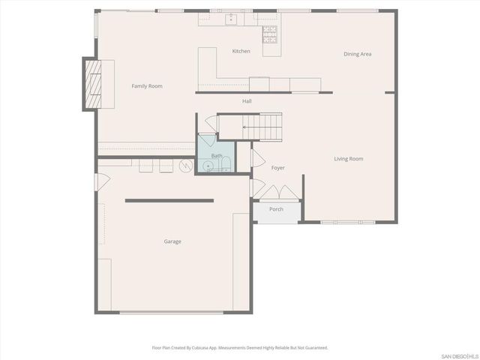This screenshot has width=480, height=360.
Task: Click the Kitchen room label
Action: click(241, 51)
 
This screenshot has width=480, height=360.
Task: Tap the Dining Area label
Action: click(358, 54)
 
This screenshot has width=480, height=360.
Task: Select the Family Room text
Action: click(147, 86)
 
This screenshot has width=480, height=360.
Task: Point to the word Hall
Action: click(247, 100)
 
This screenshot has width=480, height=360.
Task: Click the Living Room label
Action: click(349, 158)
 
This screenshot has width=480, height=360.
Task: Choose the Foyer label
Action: click(277, 167)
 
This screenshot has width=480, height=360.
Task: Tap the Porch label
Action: click(276, 209)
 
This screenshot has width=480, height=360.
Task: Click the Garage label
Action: click(172, 241)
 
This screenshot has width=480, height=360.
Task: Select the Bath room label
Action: click(216, 156)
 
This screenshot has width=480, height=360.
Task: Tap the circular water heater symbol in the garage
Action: click(184, 166)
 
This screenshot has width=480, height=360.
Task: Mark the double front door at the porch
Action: click(276, 196)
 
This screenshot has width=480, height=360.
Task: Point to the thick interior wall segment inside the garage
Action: click(169, 200)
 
